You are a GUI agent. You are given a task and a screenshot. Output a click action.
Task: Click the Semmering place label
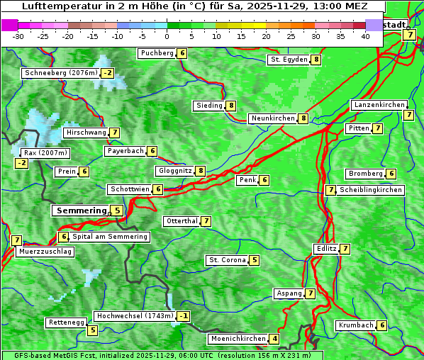click(x=80, y=210)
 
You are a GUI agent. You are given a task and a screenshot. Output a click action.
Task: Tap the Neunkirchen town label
click(x=273, y=118)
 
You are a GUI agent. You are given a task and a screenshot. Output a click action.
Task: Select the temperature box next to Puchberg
click(x=182, y=53)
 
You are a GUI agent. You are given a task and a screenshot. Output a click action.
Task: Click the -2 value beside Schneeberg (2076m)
click(x=108, y=73)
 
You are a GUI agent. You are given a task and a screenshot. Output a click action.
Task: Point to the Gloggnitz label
click(x=174, y=171)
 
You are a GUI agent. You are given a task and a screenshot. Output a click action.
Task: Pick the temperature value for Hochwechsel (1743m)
click(x=184, y=316)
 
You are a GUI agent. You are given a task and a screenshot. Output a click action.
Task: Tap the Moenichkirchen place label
click(x=238, y=339)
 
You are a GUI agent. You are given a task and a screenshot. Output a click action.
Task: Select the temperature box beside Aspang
click(x=311, y=293)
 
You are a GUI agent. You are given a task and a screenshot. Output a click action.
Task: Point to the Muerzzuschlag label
click(x=45, y=252)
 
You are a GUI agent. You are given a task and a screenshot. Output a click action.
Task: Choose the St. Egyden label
click(x=289, y=60)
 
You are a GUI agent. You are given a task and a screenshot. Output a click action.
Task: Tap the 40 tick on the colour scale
click(x=365, y=36)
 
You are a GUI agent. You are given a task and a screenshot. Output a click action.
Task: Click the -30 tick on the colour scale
click(x=18, y=36)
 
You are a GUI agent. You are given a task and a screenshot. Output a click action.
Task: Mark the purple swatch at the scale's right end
click(x=374, y=25)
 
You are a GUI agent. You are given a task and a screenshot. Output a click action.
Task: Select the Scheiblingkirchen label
click(x=370, y=190)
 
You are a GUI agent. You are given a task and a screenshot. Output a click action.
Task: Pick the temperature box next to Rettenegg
click(x=92, y=330)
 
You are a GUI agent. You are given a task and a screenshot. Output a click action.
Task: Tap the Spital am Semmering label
click(x=110, y=237)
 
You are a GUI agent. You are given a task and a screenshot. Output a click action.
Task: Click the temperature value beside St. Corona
click(x=255, y=260)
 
